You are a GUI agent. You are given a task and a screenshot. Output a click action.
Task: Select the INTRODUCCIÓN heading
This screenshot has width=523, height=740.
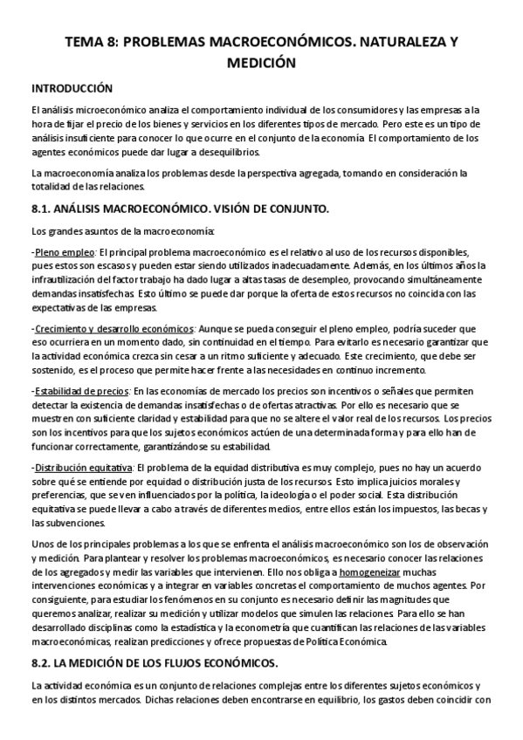click(x=72, y=88)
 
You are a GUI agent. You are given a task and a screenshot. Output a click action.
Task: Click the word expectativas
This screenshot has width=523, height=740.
click(x=58, y=308)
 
